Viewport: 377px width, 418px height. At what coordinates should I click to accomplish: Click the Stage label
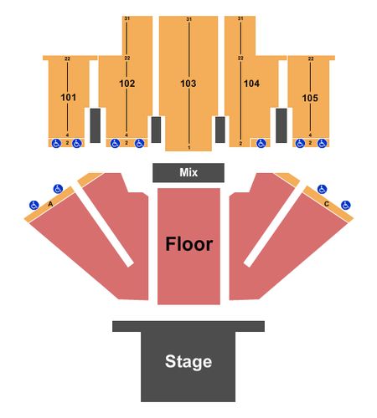(x=188, y=361)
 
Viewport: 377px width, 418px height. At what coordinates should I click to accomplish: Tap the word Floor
(x=189, y=244)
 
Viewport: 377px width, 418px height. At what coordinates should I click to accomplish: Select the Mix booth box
(x=188, y=173)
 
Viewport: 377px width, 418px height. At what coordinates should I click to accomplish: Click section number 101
(x=69, y=98)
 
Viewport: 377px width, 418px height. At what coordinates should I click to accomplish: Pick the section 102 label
(x=127, y=84)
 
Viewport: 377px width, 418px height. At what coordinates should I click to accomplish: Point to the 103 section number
(x=188, y=84)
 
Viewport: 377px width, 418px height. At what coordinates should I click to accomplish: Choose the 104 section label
(x=251, y=84)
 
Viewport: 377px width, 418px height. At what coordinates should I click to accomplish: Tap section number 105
(x=310, y=98)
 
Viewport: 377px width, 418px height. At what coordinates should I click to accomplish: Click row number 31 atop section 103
(x=189, y=19)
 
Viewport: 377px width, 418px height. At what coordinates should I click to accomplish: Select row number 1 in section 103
(x=189, y=147)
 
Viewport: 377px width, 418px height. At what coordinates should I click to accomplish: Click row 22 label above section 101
(x=67, y=59)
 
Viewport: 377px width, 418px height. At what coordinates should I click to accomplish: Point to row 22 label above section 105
(x=311, y=59)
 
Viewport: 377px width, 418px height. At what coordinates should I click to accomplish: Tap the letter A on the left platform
(x=50, y=204)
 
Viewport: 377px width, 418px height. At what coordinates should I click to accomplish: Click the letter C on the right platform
(x=327, y=204)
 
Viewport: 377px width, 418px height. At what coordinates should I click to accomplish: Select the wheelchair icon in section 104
(x=261, y=144)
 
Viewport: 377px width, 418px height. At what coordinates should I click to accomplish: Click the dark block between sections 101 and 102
(x=96, y=125)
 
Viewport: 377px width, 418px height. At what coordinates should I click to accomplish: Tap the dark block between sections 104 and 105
(x=281, y=125)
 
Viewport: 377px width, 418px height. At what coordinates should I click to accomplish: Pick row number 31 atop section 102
(x=127, y=18)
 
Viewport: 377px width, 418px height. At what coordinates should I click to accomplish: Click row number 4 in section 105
(x=310, y=135)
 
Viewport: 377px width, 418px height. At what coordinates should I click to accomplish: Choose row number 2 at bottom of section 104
(x=240, y=144)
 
